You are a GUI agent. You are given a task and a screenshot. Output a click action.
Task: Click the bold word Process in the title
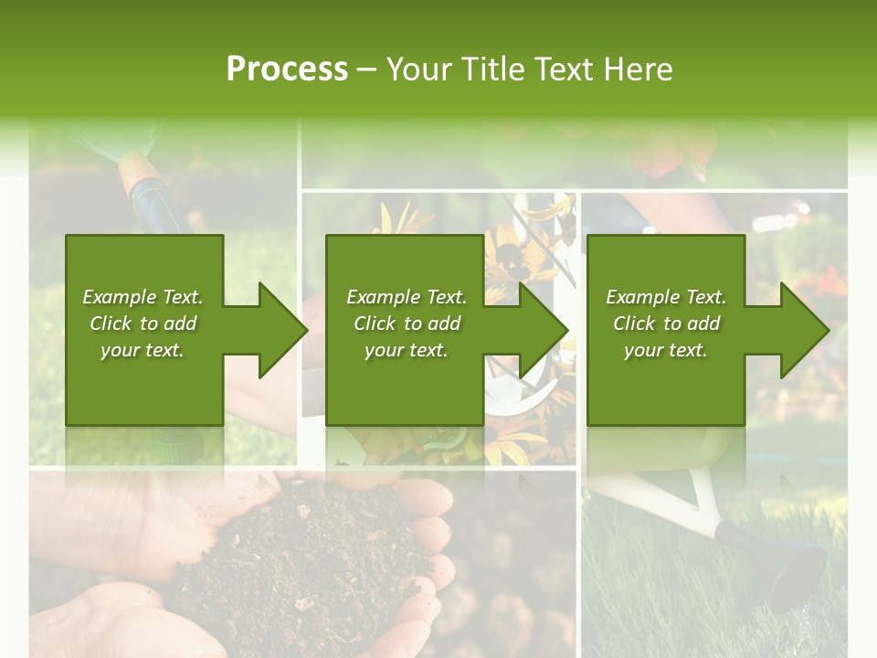(x=287, y=69)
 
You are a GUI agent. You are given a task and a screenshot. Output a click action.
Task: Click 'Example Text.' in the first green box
(x=143, y=297)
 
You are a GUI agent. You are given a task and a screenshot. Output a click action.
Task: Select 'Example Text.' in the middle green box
(x=407, y=297)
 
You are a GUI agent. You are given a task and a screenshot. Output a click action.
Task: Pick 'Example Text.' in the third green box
(x=666, y=297)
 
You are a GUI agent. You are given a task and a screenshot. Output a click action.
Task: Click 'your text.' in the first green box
(x=143, y=350)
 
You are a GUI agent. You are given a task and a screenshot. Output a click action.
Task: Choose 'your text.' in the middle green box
(x=407, y=350)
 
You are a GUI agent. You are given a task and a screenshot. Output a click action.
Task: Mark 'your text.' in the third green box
(x=666, y=350)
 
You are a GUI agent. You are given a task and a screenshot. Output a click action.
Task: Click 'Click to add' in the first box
(x=143, y=324)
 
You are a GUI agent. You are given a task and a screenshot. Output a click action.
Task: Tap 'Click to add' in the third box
(x=666, y=324)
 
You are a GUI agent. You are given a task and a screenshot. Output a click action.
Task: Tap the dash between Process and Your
(x=367, y=70)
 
